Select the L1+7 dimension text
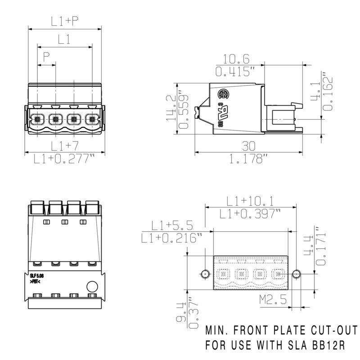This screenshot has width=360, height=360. [x=64, y=145]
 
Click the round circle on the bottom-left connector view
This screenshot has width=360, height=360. [x=92, y=286]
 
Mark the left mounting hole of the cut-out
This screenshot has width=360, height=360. [x=205, y=274]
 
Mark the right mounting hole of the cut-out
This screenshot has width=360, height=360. [x=296, y=274]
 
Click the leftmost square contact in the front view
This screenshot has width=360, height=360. [x=37, y=120]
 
